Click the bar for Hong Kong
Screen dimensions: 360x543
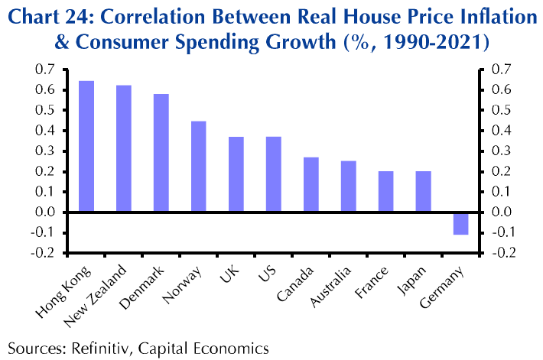tap(86, 146)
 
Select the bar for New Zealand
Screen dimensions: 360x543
tap(124, 148)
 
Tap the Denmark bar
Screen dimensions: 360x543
tap(161, 153)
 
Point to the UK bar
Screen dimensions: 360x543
tap(236, 174)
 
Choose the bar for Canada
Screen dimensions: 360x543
tap(311, 184)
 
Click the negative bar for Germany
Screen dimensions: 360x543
tap(460, 223)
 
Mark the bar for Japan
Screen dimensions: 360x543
tap(423, 192)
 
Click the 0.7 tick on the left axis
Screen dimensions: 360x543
tap(45, 70)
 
